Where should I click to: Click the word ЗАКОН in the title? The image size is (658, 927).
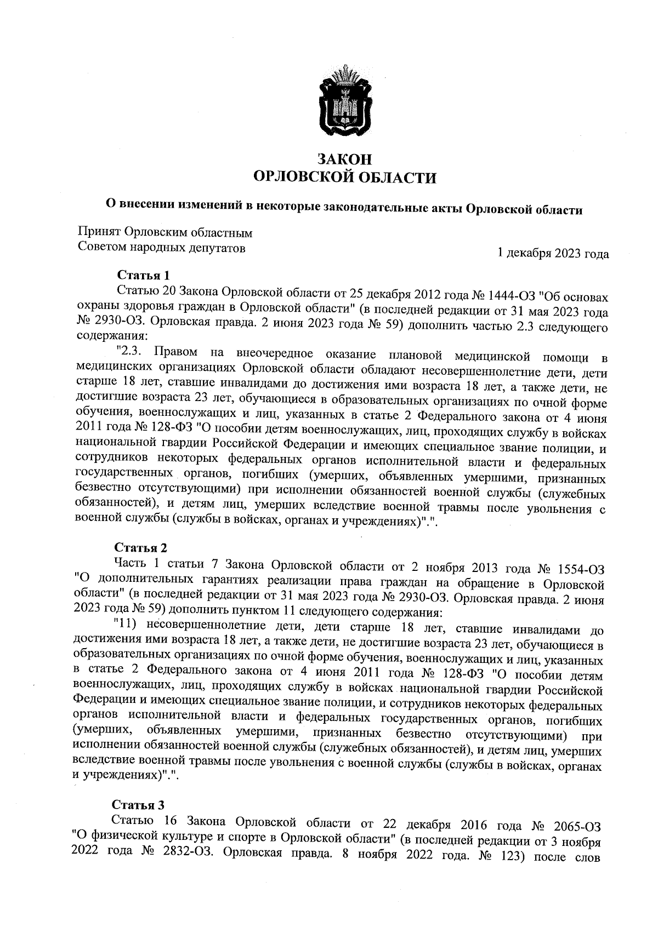click(345, 159)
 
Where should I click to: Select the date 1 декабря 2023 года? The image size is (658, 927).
click(552, 254)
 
